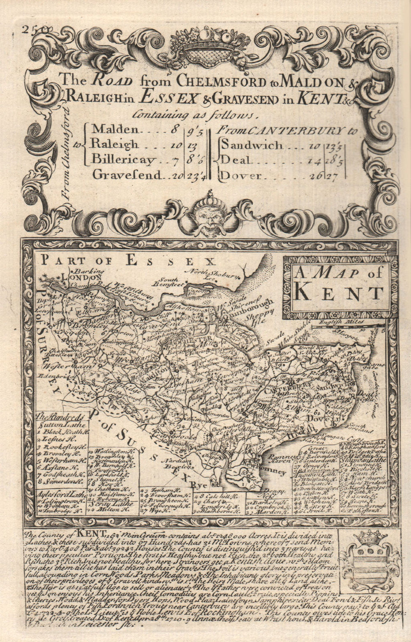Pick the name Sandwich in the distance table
tap(252, 145)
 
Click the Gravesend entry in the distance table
tap(126, 175)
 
